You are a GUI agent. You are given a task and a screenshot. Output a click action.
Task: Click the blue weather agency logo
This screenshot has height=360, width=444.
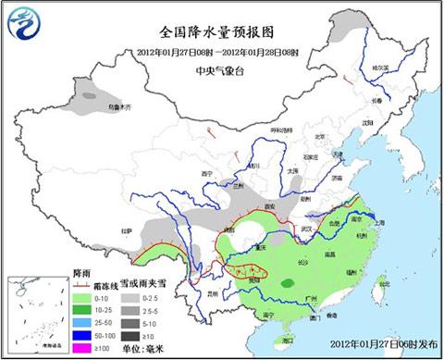click(x=25, y=23)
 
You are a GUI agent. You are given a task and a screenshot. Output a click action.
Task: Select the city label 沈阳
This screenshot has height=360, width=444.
click(x=367, y=121)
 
